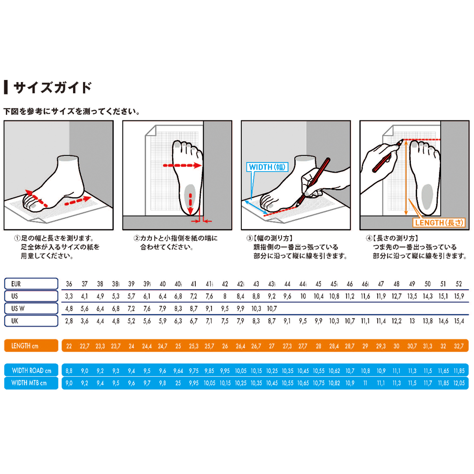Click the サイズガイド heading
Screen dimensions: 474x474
[52, 88]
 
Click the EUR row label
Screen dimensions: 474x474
[31, 284]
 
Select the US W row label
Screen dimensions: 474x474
[31, 309]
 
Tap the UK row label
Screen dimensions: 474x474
[31, 321]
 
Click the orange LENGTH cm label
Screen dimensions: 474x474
[31, 346]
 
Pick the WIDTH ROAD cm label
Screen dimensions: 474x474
[31, 370]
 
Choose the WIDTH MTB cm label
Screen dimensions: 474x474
[31, 383]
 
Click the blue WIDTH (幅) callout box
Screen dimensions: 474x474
[267, 167]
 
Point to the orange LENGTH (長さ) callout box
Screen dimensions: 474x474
[439, 223]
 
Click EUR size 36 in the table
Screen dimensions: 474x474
[69, 284]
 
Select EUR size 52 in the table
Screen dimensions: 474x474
[459, 284]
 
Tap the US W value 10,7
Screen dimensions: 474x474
[272, 309]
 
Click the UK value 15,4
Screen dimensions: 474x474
[459, 321]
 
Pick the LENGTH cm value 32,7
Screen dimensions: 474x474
[459, 346]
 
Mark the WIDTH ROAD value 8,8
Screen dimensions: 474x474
[69, 371]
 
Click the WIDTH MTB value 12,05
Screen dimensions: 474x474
[459, 383]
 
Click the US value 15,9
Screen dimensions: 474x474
[459, 296]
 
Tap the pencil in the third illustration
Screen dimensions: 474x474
[313, 182]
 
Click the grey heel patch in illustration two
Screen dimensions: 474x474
[190, 197]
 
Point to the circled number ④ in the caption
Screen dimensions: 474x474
[369, 238]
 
